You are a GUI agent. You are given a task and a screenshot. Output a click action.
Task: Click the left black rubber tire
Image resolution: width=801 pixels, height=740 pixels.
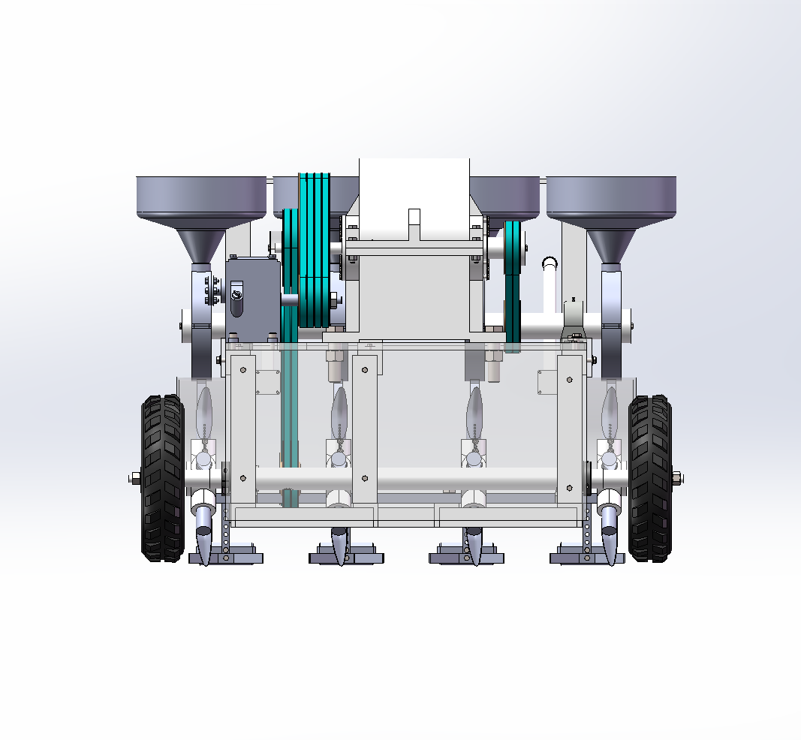point(162,479)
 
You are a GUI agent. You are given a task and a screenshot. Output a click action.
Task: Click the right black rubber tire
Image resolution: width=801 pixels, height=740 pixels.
point(650,478)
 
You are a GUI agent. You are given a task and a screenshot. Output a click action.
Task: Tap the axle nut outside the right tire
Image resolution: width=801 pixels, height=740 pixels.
point(676,477)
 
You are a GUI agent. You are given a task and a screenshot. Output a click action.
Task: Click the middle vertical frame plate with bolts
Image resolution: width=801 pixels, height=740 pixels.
point(365,428)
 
